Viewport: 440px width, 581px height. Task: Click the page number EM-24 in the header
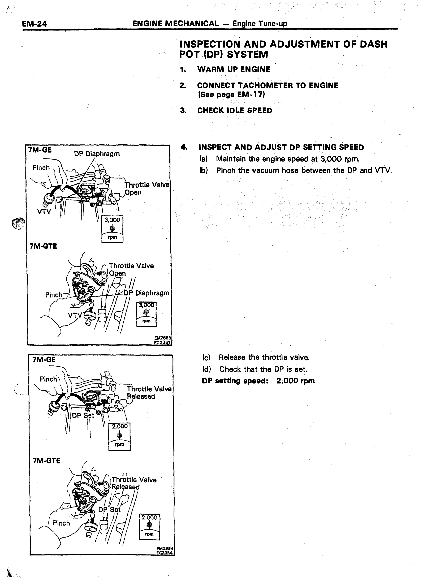[34, 24]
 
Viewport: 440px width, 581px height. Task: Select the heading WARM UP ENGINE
[234, 69]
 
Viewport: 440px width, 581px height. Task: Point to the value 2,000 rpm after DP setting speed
[295, 381]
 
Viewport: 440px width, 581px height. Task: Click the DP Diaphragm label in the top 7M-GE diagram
[97, 154]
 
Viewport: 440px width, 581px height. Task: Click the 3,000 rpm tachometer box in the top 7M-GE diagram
[112, 229]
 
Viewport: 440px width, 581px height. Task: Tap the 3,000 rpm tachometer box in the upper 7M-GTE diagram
[146, 314]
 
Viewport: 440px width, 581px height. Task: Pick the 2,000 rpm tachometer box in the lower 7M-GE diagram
[119, 437]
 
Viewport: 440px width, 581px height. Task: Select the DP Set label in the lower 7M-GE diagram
[83, 415]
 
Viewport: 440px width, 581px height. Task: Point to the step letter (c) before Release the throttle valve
[206, 357]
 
